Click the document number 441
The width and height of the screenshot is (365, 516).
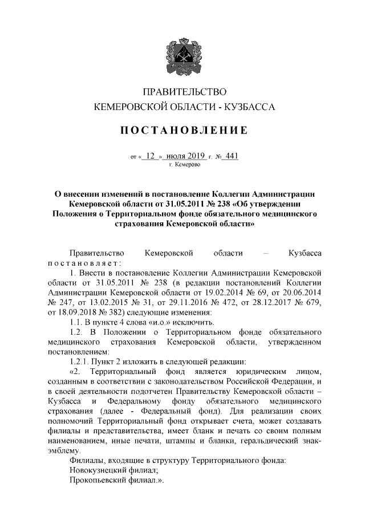230,155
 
